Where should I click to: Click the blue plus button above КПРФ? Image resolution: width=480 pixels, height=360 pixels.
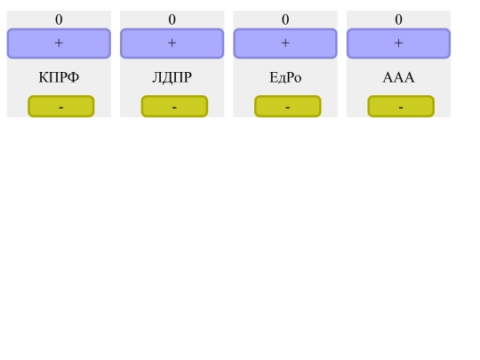(x=59, y=43)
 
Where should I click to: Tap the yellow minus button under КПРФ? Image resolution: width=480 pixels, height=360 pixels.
(x=60, y=107)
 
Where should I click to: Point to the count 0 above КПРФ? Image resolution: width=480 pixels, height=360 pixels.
(x=59, y=20)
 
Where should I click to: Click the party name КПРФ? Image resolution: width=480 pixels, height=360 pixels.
(x=59, y=78)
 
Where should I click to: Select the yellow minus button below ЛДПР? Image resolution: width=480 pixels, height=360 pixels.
(x=174, y=107)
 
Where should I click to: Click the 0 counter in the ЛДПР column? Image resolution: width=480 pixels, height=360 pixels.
(x=172, y=20)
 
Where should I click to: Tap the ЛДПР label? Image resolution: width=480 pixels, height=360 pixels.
(x=172, y=78)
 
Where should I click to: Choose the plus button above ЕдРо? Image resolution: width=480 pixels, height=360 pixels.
(x=285, y=43)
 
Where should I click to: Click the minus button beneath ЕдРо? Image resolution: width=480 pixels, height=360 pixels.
(x=287, y=107)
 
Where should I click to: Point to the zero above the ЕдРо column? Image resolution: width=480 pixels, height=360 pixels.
(x=285, y=20)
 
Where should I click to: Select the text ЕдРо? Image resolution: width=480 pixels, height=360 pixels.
(x=285, y=78)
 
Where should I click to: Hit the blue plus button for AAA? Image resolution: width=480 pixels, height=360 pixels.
(x=398, y=43)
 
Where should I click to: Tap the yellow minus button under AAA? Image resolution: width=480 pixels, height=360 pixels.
(x=401, y=107)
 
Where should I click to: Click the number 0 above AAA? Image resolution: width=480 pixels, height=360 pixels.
(x=398, y=20)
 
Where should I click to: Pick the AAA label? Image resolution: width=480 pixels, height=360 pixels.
(x=398, y=78)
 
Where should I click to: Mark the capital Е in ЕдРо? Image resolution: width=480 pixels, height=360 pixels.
(x=274, y=78)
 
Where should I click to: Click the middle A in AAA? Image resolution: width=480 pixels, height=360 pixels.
(x=398, y=78)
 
